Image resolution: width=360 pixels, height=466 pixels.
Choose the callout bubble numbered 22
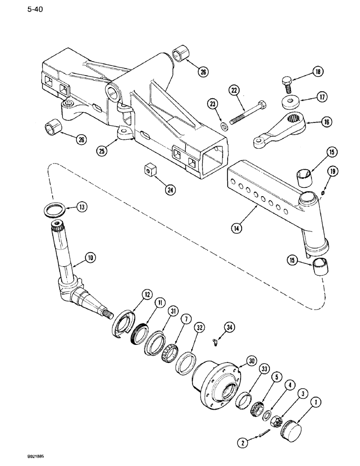click(233, 89)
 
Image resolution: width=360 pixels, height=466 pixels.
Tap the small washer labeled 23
click(224, 125)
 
